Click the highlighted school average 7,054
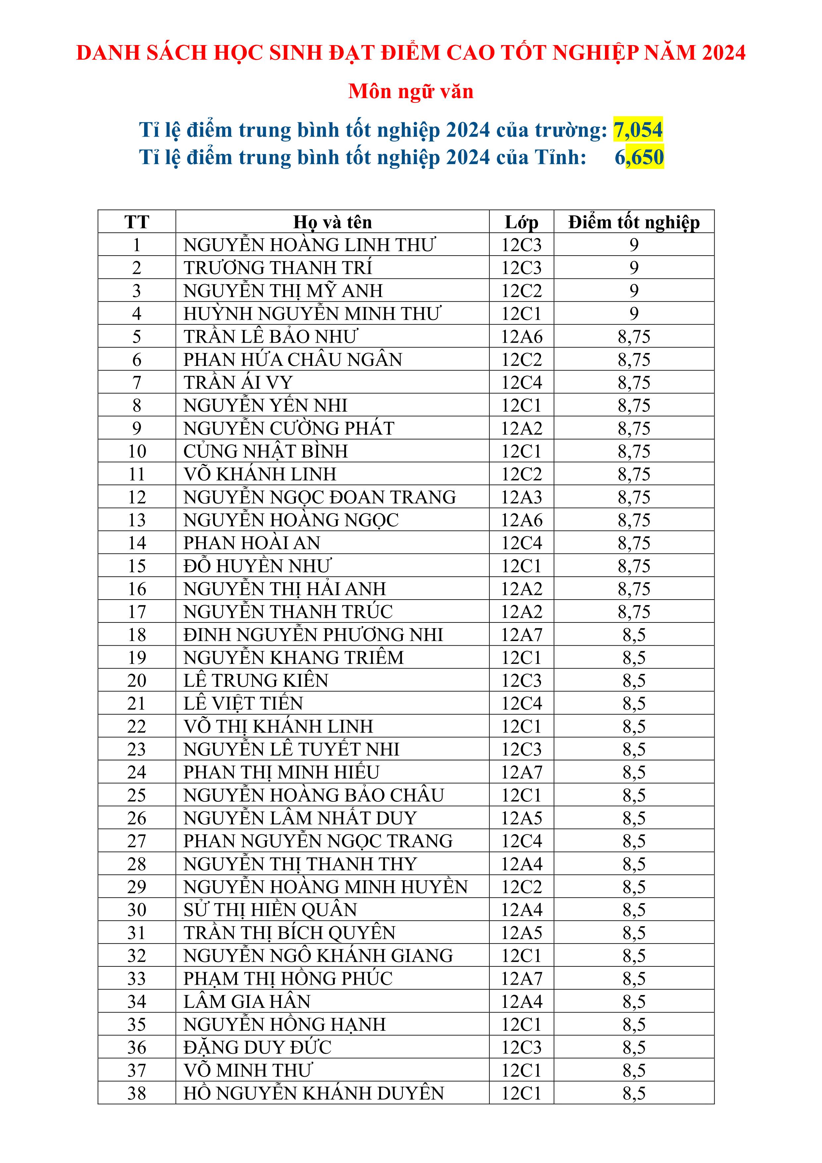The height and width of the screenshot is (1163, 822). [638, 130]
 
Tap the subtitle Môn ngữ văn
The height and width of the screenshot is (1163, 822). [411, 92]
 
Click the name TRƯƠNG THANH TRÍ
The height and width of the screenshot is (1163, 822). [278, 267]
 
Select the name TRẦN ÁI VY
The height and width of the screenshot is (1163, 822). [238, 382]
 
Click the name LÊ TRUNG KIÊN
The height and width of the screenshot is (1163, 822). [256, 680]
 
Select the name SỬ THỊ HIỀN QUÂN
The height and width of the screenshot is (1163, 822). [270, 910]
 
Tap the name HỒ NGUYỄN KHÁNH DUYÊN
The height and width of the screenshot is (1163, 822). [313, 1093]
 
